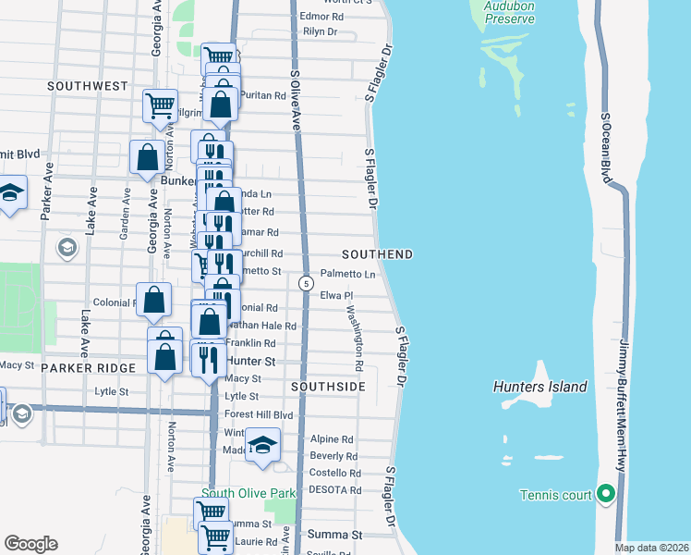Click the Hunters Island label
(x=540, y=387)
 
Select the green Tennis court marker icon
(x=606, y=495)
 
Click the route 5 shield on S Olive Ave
(x=305, y=283)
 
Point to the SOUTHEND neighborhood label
(x=376, y=253)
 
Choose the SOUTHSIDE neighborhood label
(x=328, y=386)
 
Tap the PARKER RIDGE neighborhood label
(x=89, y=367)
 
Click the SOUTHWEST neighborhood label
(x=88, y=85)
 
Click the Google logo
(x=30, y=543)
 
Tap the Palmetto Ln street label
(x=348, y=274)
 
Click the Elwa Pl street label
(x=337, y=295)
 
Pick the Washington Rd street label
(x=356, y=333)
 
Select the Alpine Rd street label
(x=332, y=439)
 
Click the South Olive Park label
(x=249, y=493)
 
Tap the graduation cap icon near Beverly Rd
(x=263, y=446)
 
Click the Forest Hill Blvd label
(x=259, y=415)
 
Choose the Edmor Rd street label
(x=321, y=16)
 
